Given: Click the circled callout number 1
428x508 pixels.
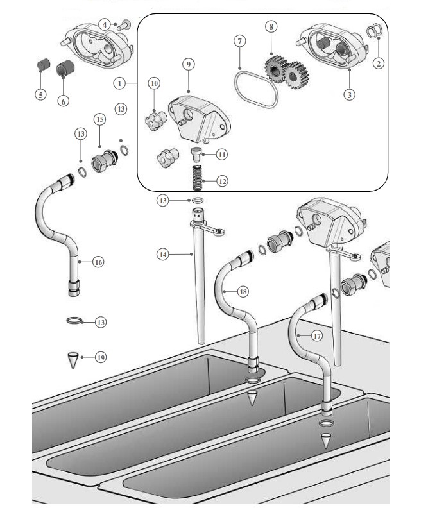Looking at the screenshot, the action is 119,83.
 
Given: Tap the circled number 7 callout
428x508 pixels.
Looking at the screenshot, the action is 240,41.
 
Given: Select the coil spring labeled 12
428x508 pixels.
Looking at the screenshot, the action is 197,178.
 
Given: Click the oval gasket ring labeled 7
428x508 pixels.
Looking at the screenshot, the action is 256,89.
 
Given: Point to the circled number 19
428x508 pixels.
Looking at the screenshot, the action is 101,358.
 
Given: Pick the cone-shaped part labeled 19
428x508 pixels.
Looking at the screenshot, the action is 73,360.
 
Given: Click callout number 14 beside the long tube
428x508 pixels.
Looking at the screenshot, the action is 163,255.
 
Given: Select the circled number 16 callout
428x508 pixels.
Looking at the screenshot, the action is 98,262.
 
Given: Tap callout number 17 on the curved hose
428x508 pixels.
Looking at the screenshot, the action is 317,336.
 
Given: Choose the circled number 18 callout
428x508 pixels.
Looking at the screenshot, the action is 243,292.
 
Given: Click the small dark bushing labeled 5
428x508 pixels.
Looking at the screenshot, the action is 43,65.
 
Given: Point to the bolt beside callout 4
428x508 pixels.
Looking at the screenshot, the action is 124,25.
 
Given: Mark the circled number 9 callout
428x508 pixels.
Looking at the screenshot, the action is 189,64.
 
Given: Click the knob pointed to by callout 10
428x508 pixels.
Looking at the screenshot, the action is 156,120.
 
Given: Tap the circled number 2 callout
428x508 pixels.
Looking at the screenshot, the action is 379,63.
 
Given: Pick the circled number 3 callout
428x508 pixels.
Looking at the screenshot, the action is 349,94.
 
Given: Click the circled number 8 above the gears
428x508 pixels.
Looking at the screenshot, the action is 271,26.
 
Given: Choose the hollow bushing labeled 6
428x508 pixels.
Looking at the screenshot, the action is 65,68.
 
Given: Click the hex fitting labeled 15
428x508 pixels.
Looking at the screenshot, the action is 105,161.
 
